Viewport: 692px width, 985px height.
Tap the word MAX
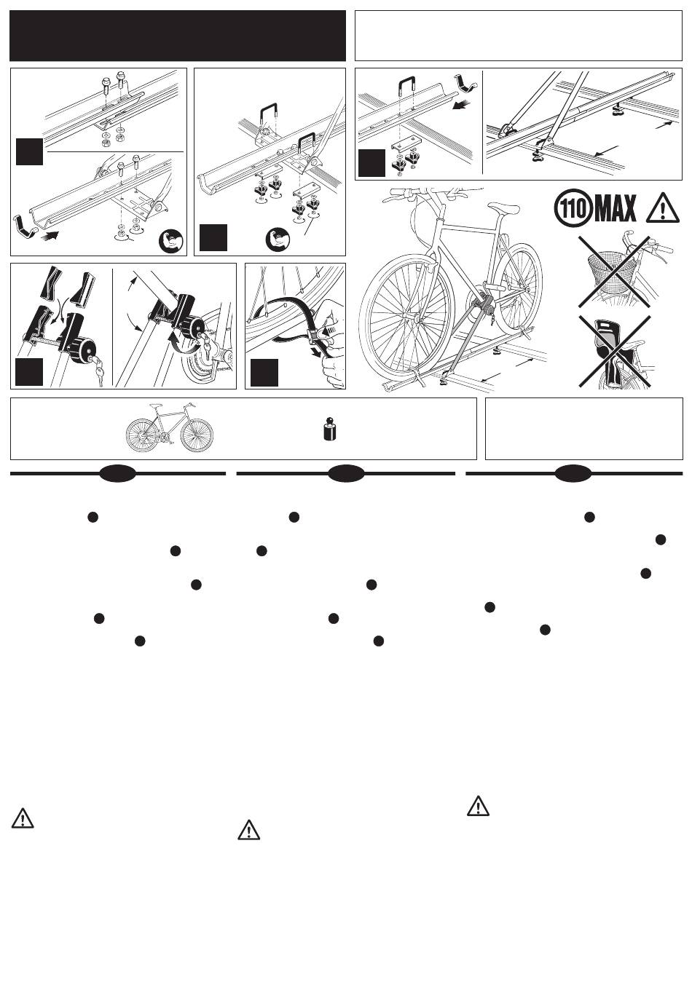[615, 208]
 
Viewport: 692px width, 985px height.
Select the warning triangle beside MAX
[663, 208]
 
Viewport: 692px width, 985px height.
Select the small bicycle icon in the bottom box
[169, 427]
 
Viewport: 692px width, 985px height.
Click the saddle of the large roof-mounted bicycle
[504, 207]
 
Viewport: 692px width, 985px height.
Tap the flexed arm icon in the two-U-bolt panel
[277, 240]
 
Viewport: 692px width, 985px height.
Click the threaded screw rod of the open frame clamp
[47, 341]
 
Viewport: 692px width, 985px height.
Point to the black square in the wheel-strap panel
[264, 373]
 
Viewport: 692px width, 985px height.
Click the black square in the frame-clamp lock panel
[29, 372]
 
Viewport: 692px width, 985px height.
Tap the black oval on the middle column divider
[346, 474]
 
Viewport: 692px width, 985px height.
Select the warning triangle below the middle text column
[248, 830]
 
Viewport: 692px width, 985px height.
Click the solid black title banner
[178, 36]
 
